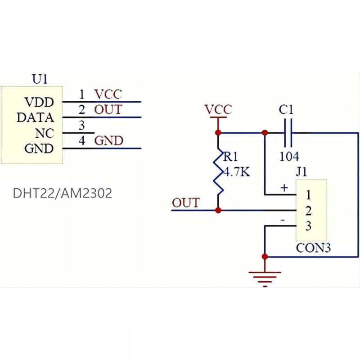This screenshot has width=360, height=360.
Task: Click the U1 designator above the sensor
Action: point(40,79)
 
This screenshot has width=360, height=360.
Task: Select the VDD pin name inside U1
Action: point(39,102)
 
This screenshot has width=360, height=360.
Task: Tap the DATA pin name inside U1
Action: point(36,117)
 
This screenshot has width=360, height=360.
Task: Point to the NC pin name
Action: point(45,133)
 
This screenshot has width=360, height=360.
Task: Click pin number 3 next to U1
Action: point(82,126)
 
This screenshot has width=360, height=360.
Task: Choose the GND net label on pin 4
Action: point(109,141)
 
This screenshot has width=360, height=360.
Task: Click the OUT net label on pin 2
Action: point(108,109)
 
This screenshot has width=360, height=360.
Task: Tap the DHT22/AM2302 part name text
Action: point(63,193)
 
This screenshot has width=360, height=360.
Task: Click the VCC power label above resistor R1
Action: point(218,109)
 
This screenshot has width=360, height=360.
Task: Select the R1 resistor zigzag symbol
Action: point(218,172)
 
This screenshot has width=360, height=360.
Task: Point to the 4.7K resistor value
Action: point(237,172)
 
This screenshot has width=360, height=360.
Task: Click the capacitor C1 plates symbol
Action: point(288,133)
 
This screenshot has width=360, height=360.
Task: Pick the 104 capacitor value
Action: point(289,157)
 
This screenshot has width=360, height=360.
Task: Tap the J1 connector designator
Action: point(301,172)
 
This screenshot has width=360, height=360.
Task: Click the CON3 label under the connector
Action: point(313,248)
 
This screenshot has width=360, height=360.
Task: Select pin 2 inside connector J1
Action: point(308,211)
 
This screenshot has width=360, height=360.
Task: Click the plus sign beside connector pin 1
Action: point(284,188)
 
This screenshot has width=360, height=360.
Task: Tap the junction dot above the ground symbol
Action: point(265,256)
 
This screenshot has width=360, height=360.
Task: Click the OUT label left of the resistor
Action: point(186,203)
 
